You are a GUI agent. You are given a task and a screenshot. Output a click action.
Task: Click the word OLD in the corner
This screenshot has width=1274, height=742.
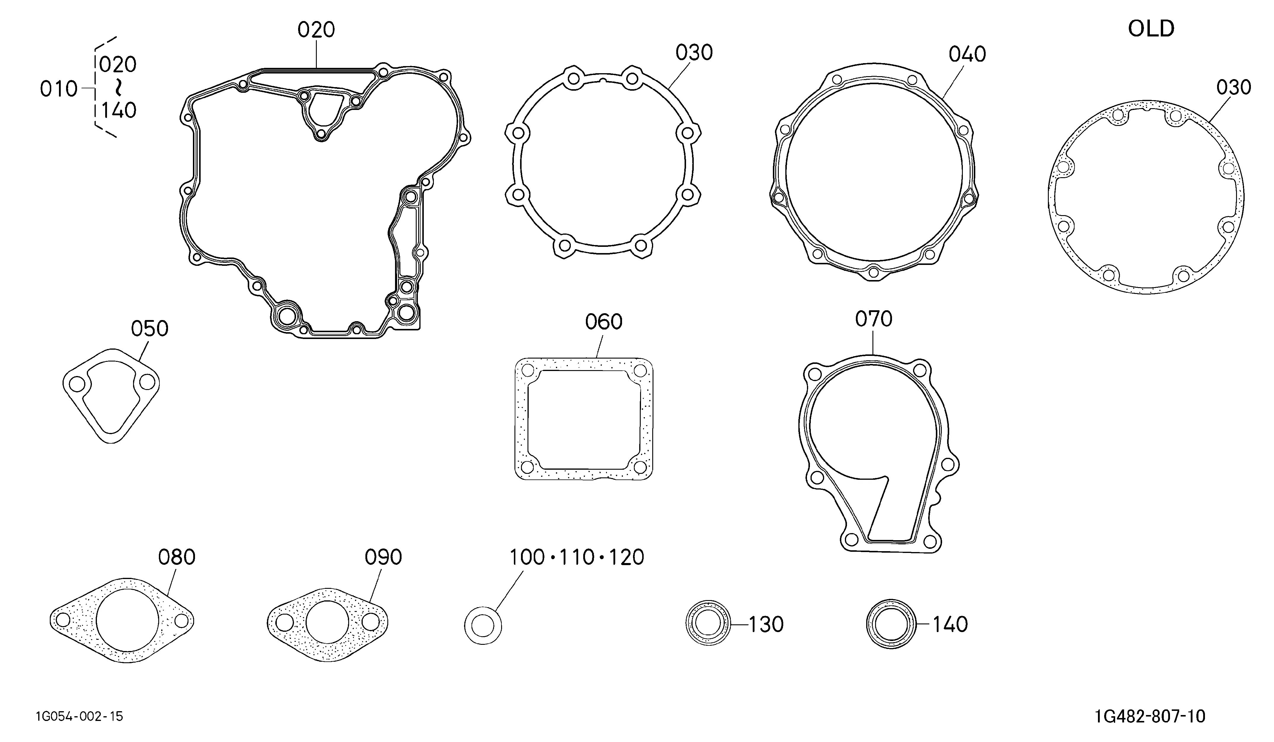(1151, 29)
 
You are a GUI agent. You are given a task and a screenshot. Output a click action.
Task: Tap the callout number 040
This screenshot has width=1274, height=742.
(967, 55)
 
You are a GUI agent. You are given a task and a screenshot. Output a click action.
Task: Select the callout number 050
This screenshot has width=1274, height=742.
(150, 329)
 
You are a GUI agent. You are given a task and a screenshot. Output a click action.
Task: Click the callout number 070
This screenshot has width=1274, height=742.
(874, 319)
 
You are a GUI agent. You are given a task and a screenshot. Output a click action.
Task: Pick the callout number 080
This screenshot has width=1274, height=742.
(176, 557)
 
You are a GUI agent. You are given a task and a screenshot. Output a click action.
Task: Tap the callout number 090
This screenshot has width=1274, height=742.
(383, 557)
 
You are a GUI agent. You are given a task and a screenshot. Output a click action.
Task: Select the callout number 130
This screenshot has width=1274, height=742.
(766, 625)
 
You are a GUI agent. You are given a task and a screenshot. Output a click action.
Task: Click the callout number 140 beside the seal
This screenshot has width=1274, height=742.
(950, 625)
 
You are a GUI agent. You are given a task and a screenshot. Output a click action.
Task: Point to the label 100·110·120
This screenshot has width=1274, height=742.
(576, 557)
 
